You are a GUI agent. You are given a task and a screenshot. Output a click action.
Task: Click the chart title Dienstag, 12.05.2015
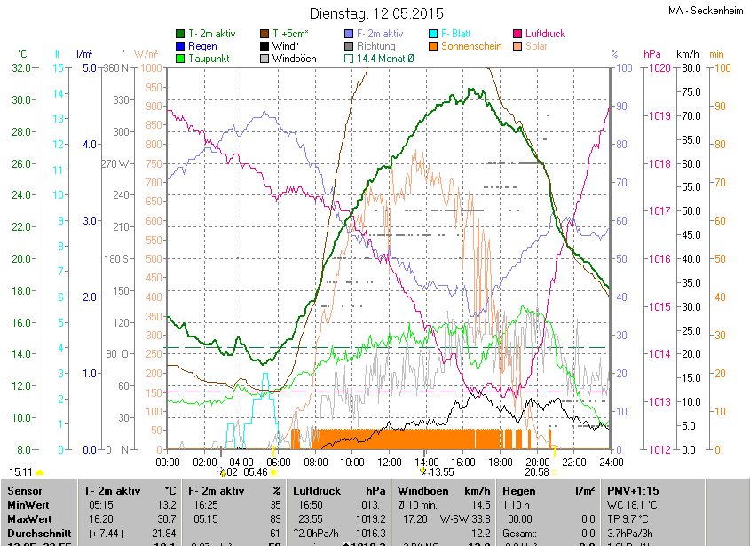pyautogui.click(x=376, y=13)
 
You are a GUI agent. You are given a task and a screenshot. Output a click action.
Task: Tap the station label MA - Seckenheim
pyautogui.click(x=706, y=12)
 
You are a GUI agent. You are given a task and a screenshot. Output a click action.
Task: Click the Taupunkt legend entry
pyautogui.click(x=210, y=59)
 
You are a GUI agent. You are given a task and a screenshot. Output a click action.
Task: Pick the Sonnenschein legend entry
pyautogui.click(x=478, y=46)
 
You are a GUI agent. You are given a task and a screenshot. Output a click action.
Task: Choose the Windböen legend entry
pyautogui.click(x=294, y=59)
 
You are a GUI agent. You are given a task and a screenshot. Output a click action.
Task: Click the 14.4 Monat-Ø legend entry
pyautogui.click(x=384, y=59)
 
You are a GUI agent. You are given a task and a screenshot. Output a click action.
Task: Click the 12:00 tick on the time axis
pyautogui.click(x=390, y=463)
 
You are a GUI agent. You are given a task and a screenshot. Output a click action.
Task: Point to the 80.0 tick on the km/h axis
pyautogui.click(x=689, y=68)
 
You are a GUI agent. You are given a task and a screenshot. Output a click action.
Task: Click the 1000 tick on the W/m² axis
pyautogui.click(x=151, y=68)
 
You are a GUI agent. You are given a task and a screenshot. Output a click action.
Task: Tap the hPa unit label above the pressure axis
pyautogui.click(x=652, y=54)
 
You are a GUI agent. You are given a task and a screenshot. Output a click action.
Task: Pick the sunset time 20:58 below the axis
pyautogui.click(x=537, y=472)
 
